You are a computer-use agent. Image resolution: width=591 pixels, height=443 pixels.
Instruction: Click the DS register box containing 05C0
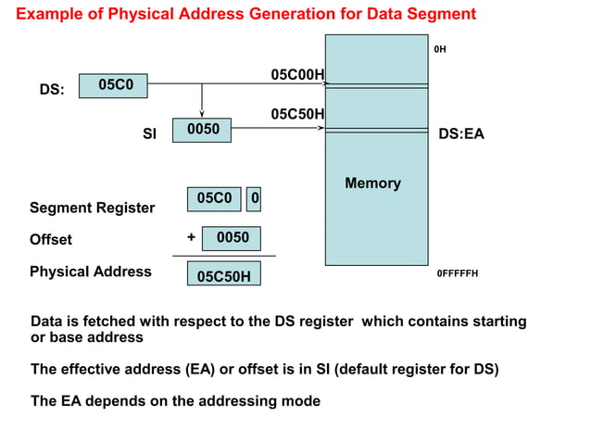[x=113, y=85]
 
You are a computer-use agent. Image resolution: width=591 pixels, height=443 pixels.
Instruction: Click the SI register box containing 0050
[x=202, y=131]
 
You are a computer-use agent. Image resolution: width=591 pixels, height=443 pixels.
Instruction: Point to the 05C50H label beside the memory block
[x=296, y=114]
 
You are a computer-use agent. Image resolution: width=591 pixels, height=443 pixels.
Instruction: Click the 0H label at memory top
[x=440, y=49]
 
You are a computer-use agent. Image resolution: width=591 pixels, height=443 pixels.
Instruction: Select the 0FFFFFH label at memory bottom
[x=457, y=274]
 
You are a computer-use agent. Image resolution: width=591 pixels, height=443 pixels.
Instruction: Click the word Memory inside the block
[x=372, y=184]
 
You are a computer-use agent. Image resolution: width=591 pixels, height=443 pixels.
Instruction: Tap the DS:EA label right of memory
[x=460, y=134]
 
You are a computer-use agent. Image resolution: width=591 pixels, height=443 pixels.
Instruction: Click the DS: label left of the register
[x=52, y=91]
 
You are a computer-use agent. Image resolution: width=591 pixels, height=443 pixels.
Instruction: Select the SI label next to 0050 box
[x=149, y=134]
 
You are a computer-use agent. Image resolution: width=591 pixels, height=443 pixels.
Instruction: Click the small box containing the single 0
[x=256, y=198]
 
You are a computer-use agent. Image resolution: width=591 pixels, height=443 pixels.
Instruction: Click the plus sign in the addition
[x=191, y=237]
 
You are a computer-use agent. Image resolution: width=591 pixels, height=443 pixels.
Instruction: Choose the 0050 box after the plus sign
[x=232, y=238]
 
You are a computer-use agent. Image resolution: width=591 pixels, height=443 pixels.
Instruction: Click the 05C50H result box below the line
[x=223, y=276]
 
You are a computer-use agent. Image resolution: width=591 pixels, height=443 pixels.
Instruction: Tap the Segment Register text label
[x=92, y=208]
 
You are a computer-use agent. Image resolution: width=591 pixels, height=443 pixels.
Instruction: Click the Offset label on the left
[x=51, y=239]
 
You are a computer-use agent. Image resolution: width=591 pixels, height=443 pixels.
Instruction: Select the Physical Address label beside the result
[x=90, y=272]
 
